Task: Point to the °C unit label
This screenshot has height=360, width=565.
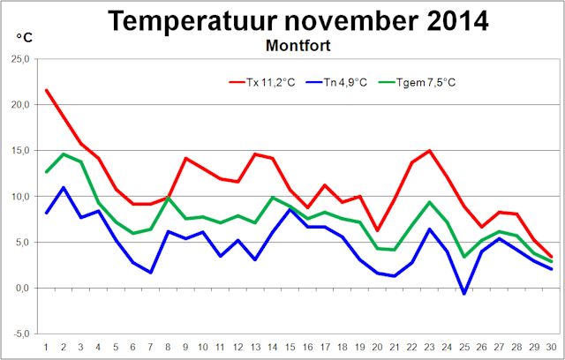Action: [26, 39]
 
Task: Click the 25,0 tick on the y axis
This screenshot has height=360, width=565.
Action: [19, 59]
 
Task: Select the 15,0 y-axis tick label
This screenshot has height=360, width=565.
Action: [19, 151]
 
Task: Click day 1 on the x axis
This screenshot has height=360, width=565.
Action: [46, 346]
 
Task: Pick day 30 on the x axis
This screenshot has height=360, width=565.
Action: [551, 346]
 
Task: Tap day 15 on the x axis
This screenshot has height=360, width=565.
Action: [290, 346]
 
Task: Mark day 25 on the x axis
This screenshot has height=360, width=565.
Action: [463, 346]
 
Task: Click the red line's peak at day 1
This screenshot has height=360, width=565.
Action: [46, 90]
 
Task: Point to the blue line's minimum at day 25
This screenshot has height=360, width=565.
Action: [463, 293]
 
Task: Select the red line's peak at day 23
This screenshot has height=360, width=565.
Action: [429, 151]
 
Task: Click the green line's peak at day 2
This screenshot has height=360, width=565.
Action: [64, 154]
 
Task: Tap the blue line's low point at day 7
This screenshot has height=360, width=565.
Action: [150, 272]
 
